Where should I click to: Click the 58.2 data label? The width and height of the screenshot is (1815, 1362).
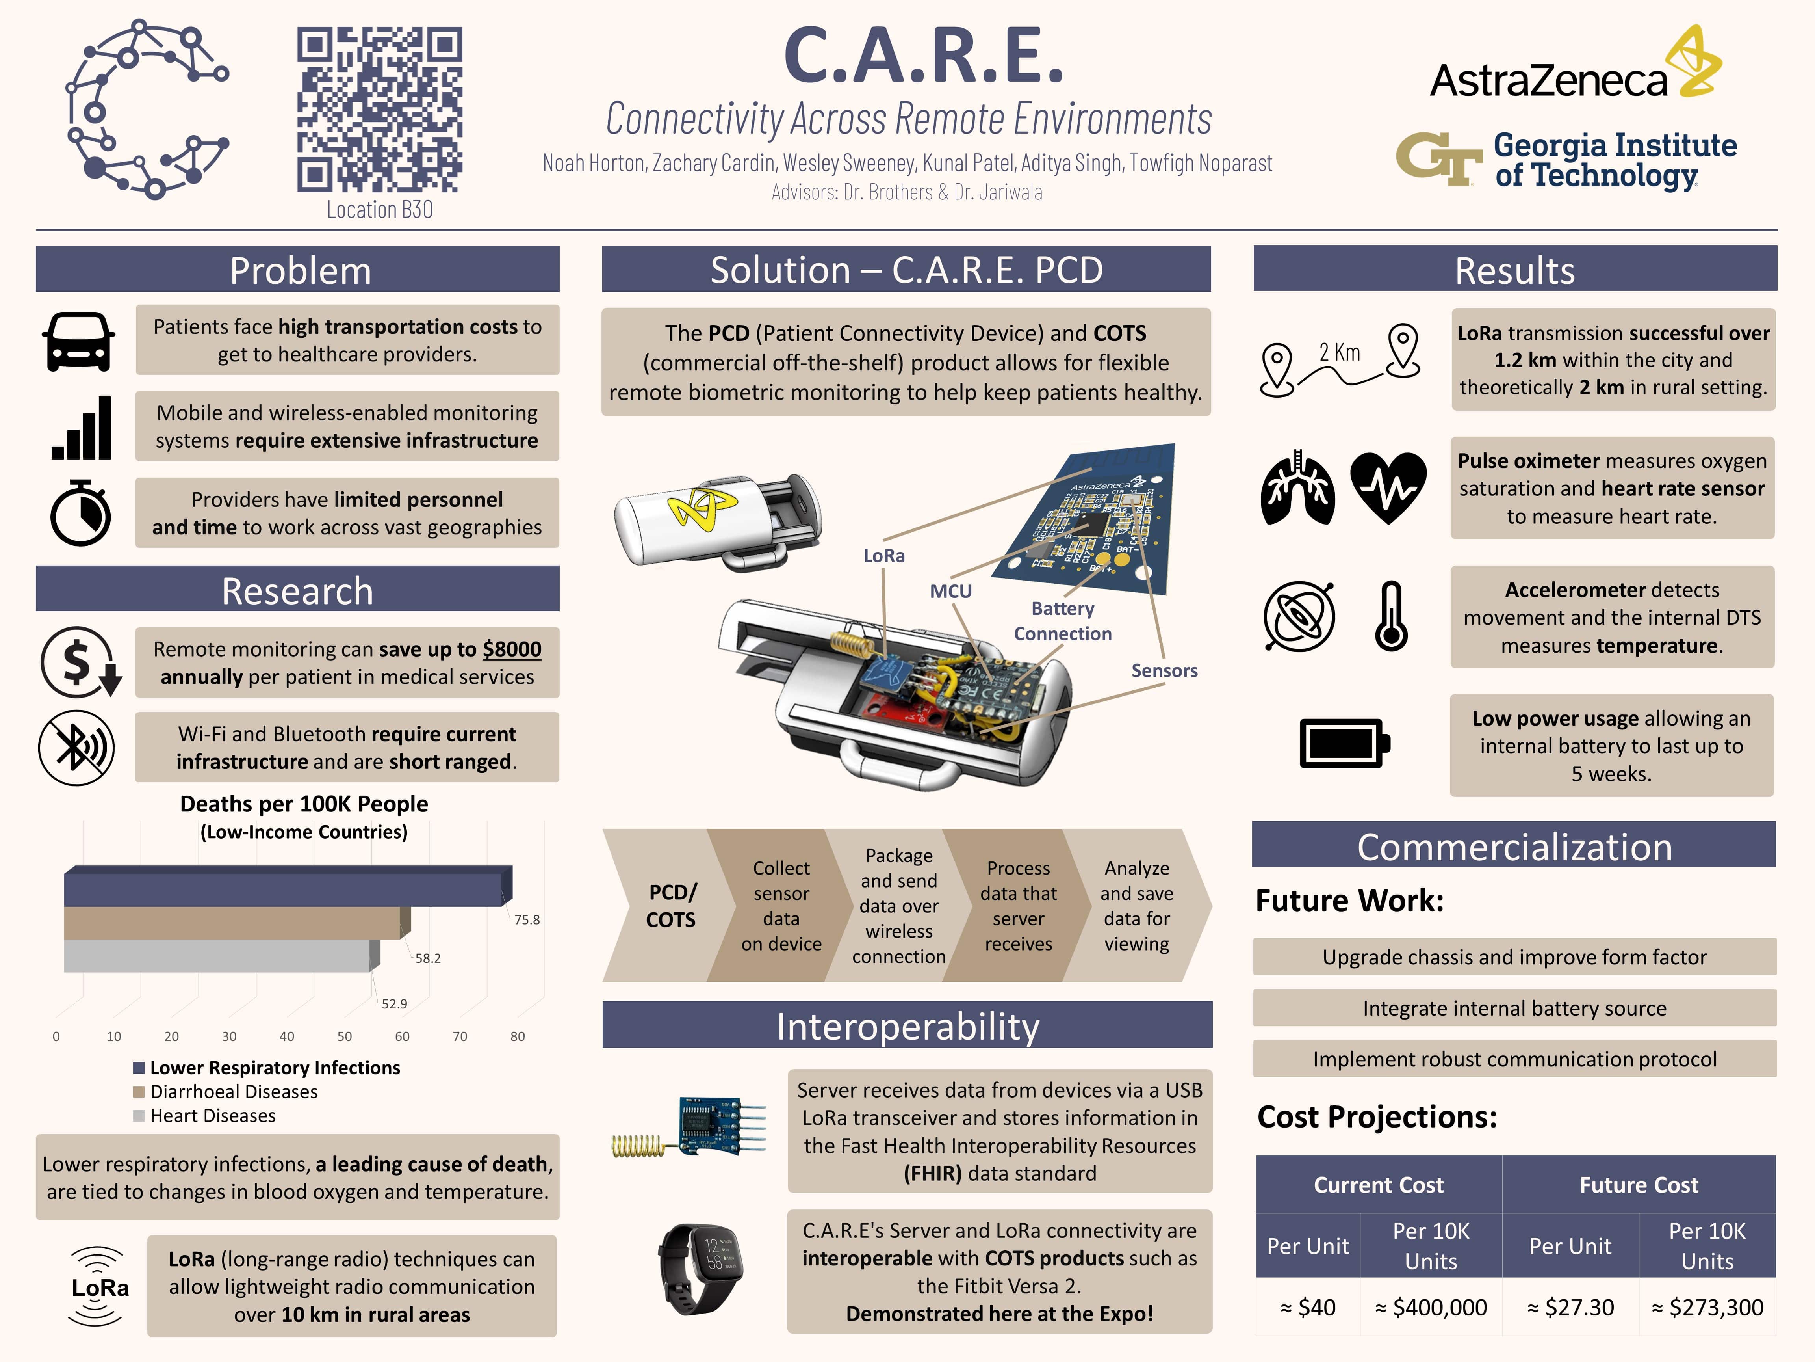coord(427,958)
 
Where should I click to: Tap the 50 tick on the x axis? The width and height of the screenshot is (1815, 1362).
coord(345,1036)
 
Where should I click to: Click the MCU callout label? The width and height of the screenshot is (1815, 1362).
coord(950,591)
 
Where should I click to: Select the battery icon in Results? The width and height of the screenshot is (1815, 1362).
coord(1344,744)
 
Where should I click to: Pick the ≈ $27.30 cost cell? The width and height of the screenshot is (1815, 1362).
coord(1570,1307)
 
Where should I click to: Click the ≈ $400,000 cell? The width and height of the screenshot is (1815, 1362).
coord(1431,1307)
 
